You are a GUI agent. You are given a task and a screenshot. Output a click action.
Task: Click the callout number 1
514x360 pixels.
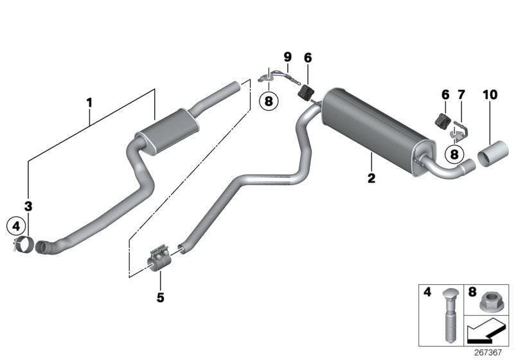tap(89, 103)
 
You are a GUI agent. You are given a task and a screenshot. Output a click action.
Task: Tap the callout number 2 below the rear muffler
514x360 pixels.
tap(371, 178)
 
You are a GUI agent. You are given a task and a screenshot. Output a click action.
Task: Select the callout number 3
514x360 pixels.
tap(28, 206)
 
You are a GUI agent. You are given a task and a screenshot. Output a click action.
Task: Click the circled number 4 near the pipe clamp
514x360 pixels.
tap(16, 226)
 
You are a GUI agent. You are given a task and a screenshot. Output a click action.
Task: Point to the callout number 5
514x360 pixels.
tap(160, 298)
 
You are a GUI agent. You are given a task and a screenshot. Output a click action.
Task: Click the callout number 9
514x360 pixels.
tap(287, 57)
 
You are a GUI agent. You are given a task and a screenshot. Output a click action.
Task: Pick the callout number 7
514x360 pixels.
tap(461, 94)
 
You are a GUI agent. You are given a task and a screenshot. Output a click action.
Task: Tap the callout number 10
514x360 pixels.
tap(490, 94)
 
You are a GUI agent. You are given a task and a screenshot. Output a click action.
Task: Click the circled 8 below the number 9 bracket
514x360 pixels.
tap(269, 101)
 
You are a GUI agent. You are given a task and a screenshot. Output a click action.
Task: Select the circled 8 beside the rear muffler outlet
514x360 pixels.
tap(454, 154)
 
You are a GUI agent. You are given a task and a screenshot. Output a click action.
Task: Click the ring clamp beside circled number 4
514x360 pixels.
tap(23, 244)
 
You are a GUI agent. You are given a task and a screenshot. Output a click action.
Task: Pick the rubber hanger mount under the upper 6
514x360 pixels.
tap(306, 91)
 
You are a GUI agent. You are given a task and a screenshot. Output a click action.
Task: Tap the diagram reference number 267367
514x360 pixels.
tap(488, 352)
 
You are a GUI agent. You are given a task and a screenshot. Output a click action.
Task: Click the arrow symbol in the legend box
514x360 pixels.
tap(485, 332)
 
